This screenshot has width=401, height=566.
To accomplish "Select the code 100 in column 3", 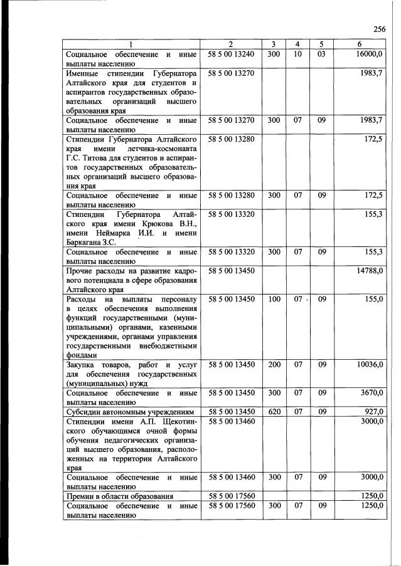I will click(x=274, y=299).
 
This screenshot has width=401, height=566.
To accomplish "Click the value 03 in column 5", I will click(x=321, y=55).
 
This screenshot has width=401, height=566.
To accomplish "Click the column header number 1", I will click(x=131, y=44).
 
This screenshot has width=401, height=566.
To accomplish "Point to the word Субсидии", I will click(x=85, y=411).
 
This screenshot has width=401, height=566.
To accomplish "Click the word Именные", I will click(x=86, y=73).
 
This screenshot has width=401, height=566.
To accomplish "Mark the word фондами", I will click(x=82, y=355).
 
